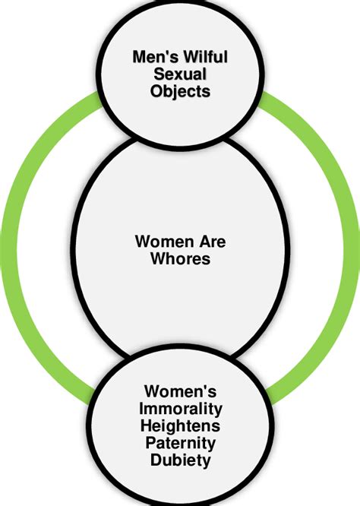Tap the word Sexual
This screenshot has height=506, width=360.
tap(181, 74)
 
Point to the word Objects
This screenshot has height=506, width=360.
tap(181, 91)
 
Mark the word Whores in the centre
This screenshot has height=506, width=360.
tap(180, 260)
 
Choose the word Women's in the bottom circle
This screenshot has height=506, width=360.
tap(180, 393)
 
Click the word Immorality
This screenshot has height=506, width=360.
tap(180, 410)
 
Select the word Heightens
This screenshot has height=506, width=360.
tap(180, 426)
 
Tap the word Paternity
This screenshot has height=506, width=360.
tap(180, 443)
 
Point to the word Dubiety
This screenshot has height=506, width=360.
tap(180, 460)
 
